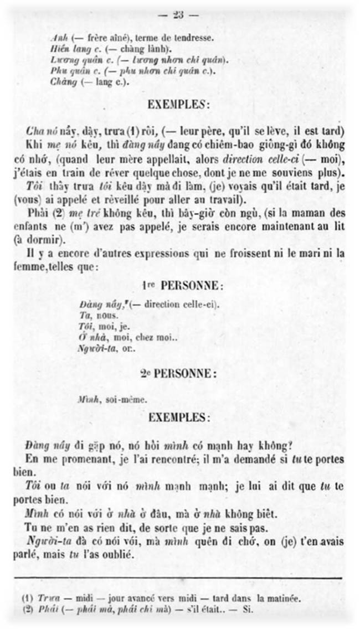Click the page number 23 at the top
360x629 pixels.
(x=178, y=15)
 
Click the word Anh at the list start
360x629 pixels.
(x=57, y=38)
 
